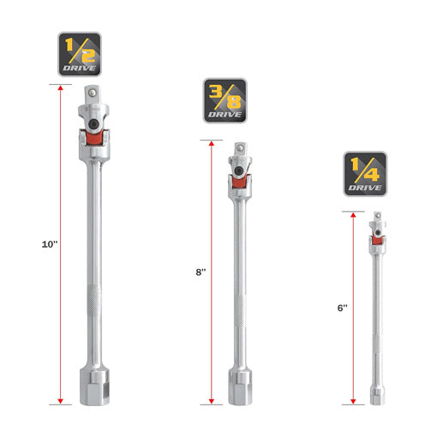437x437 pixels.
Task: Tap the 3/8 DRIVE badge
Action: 225,98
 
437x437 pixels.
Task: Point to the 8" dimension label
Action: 201,272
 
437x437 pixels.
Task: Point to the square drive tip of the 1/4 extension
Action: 374,215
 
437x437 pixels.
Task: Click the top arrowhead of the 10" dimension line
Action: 61,88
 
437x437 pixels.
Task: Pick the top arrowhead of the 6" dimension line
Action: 352,214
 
